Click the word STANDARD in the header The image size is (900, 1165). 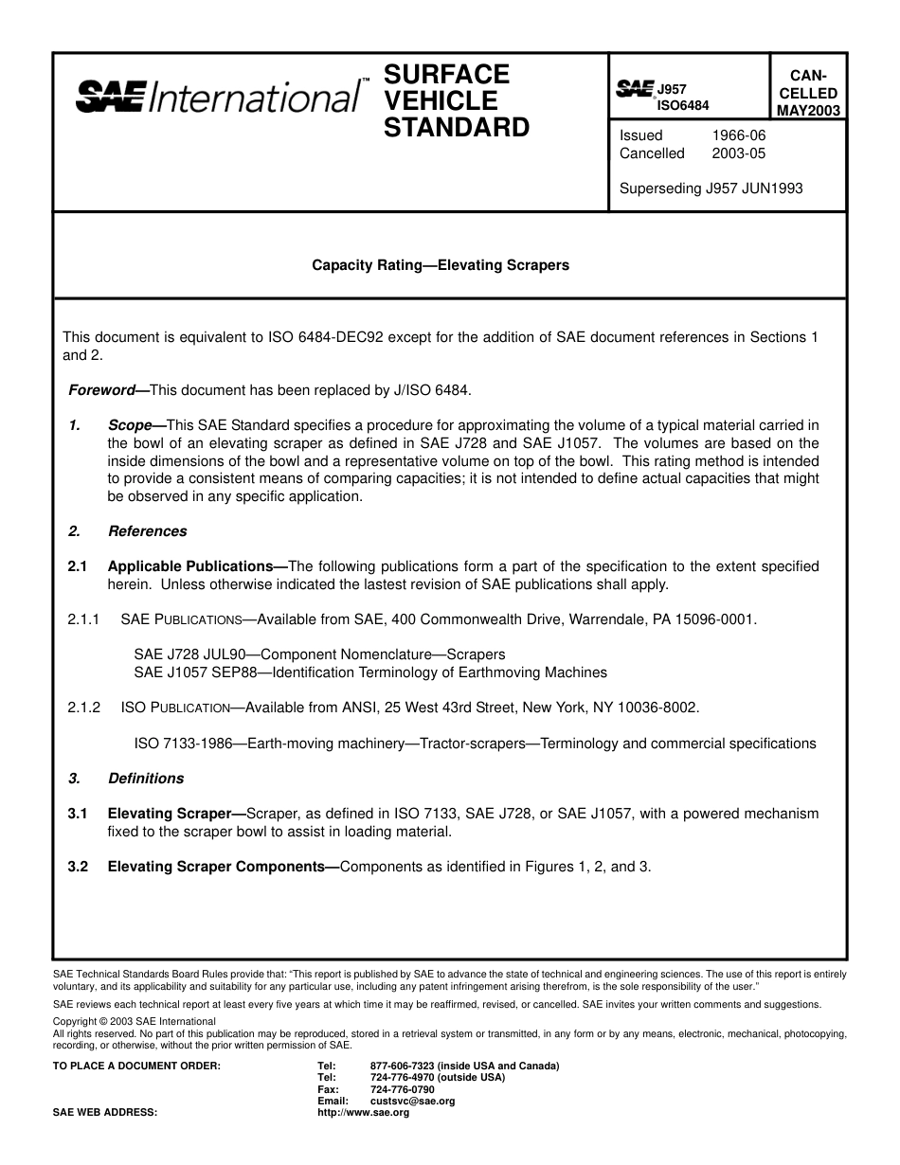pyautogui.click(x=456, y=128)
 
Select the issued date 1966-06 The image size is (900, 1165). pyautogui.click(x=738, y=135)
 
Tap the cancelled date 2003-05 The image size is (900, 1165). pyautogui.click(x=738, y=153)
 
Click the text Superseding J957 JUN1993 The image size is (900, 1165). pyautogui.click(x=711, y=188)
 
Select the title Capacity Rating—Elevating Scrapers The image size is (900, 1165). pyautogui.click(x=441, y=265)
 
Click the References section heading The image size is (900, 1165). pyautogui.click(x=147, y=531)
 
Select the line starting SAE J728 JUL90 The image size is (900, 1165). pyautogui.click(x=319, y=654)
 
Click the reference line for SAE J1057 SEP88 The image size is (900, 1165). pyautogui.click(x=369, y=672)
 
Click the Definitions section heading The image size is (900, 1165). pyautogui.click(x=146, y=779)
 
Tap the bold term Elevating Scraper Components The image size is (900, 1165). pyautogui.click(x=223, y=866)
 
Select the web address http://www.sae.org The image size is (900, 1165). pyautogui.click(x=363, y=1113)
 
